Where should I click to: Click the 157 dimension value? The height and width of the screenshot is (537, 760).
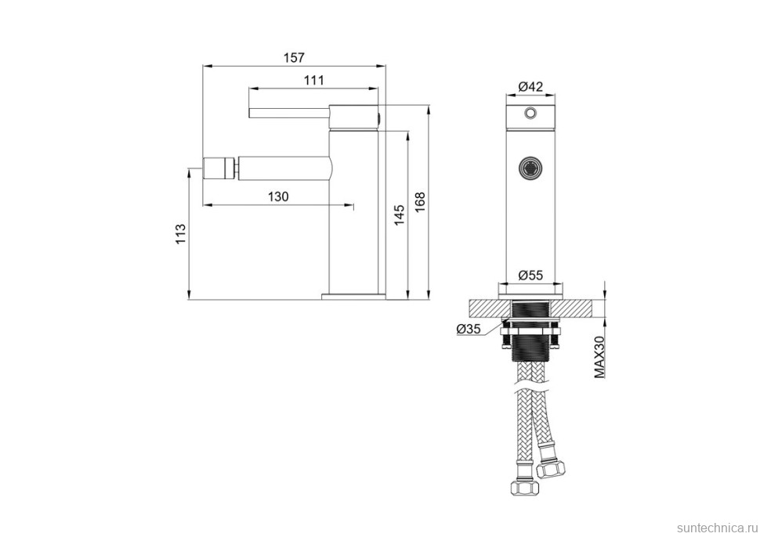point(294,58)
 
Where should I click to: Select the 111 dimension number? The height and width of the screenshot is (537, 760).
point(313,80)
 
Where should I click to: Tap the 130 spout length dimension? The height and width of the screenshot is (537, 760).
point(278,196)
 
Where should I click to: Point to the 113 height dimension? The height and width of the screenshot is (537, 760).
point(180,234)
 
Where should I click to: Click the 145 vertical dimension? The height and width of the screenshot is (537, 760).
point(399,215)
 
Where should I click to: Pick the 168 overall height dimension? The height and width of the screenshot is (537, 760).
point(420,202)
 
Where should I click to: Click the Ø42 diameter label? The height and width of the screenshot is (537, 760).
point(530,87)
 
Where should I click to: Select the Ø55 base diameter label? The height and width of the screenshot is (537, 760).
point(530,276)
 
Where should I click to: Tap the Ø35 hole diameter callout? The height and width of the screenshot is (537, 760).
point(468,329)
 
